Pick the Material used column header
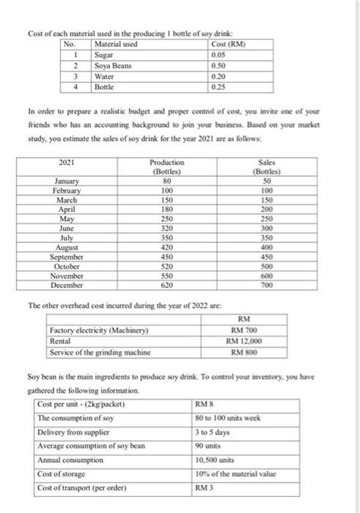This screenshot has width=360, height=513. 115,46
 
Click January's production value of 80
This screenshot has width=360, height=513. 167,182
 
